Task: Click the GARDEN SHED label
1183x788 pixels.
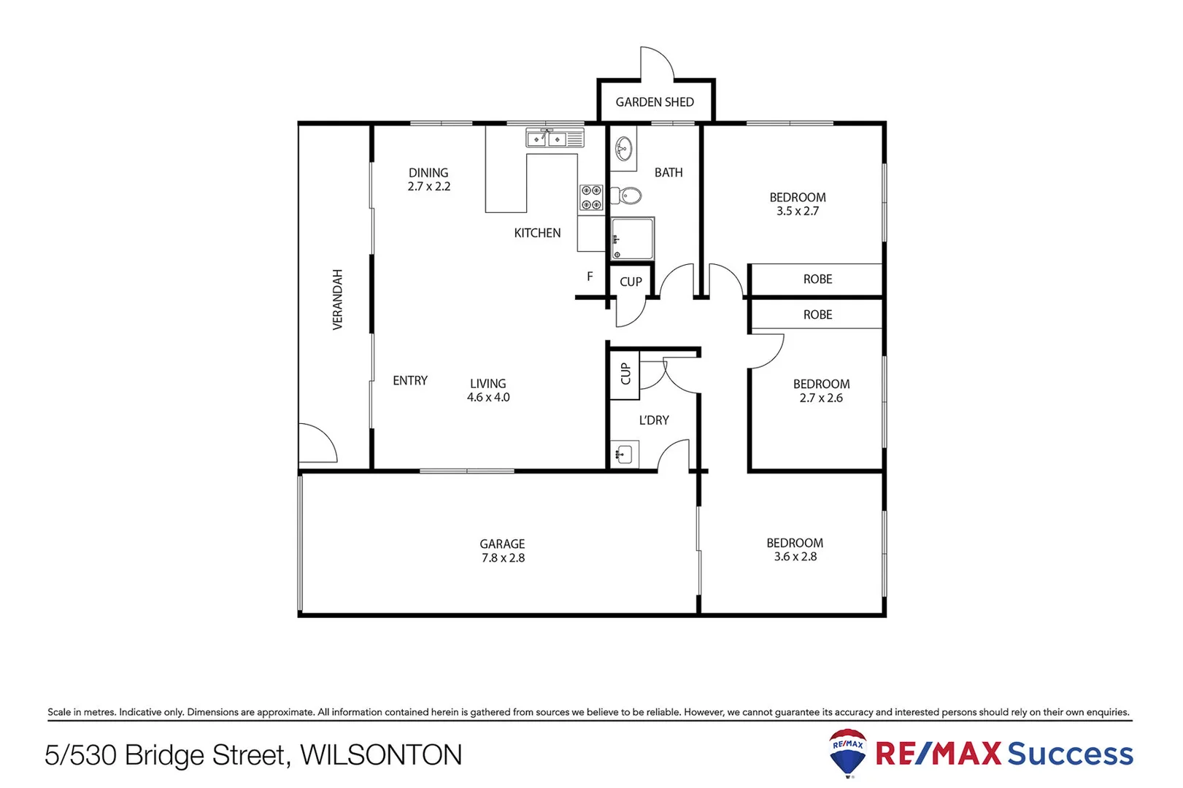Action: [x=655, y=102]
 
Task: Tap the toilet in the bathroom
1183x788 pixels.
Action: [x=627, y=196]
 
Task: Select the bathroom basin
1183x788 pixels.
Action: [x=623, y=150]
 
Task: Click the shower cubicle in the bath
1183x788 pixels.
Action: [x=633, y=239]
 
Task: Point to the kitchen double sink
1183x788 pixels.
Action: [x=547, y=138]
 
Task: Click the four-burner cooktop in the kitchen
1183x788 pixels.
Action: [x=591, y=198]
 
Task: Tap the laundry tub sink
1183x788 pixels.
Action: [x=624, y=455]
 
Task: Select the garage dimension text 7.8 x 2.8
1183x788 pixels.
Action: [x=503, y=558]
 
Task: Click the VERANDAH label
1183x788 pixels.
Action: [x=337, y=300]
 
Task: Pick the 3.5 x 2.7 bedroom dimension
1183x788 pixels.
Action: [x=798, y=211]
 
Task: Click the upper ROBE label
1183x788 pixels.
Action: [x=817, y=279]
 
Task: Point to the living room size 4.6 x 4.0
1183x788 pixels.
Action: [x=488, y=398]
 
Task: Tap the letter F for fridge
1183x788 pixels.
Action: [x=590, y=277]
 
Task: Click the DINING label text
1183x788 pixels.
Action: [x=428, y=173]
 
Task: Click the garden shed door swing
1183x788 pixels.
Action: [x=658, y=62]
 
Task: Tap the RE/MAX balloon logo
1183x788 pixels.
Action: [x=848, y=752]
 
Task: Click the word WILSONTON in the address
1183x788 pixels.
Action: [x=382, y=755]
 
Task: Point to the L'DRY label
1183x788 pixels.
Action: [x=654, y=420]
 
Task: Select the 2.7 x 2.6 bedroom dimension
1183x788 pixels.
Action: [x=821, y=398]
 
